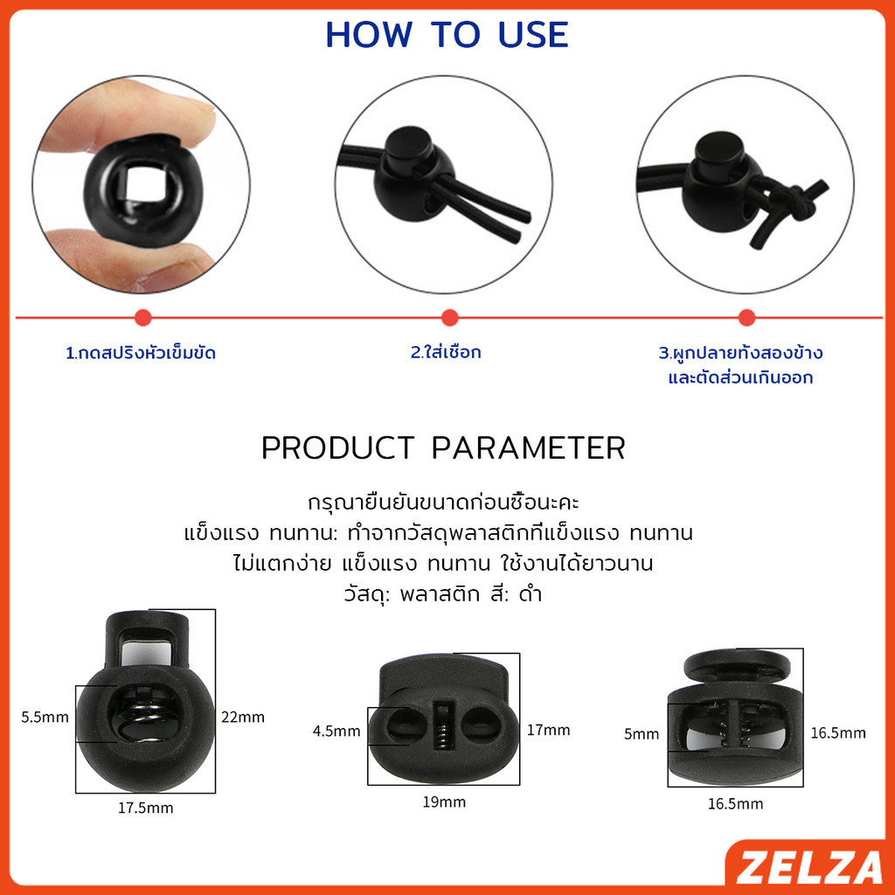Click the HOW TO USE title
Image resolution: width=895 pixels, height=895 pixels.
(447, 35)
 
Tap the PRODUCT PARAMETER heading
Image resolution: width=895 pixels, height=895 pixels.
(443, 447)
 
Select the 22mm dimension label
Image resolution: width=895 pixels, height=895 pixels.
(243, 717)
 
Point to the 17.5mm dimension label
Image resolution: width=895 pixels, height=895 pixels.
(146, 808)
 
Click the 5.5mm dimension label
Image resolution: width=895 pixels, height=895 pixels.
(45, 717)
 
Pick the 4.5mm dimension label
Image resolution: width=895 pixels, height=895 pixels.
(336, 731)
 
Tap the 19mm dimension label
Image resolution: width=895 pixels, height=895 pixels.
(444, 802)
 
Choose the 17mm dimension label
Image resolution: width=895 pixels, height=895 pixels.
(548, 730)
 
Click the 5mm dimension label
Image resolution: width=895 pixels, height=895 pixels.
(641, 733)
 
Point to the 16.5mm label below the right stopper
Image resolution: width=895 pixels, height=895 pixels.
(735, 804)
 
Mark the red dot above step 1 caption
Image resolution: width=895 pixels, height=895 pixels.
(142, 317)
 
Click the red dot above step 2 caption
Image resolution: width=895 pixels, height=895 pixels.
(450, 317)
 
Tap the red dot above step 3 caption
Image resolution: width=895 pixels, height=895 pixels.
(746, 317)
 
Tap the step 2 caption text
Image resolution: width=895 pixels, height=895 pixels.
(446, 352)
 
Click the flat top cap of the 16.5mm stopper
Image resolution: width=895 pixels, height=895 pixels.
(737, 664)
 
